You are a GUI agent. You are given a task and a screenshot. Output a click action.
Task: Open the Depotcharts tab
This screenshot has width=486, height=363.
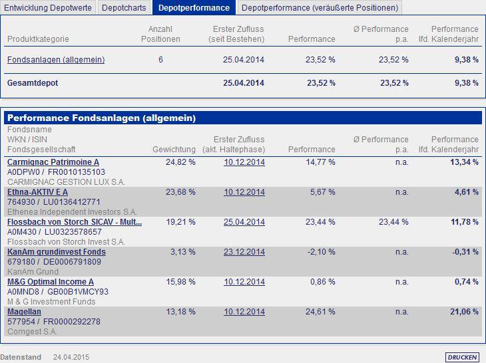point(124,8)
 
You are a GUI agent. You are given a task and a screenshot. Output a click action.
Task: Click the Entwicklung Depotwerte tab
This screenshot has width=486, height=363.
point(48,8)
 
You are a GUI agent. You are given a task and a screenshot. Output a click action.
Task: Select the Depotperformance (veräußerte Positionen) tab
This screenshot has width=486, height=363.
point(320,8)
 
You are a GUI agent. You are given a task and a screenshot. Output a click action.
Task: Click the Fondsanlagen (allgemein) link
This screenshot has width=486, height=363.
point(56,60)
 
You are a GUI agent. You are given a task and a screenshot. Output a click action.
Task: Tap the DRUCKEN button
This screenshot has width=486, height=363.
point(462,357)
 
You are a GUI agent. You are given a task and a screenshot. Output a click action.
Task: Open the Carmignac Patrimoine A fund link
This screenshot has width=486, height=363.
point(53,162)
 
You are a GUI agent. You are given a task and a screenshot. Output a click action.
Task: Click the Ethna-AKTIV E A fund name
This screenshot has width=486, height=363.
point(37,192)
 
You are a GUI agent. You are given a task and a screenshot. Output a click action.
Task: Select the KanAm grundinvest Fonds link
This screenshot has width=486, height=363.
point(57,252)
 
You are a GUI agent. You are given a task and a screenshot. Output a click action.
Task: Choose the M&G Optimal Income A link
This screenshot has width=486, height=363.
point(51,282)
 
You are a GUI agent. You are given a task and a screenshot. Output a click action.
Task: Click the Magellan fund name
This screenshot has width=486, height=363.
point(24,312)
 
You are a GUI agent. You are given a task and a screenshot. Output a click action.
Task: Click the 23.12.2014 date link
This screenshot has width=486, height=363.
point(244,252)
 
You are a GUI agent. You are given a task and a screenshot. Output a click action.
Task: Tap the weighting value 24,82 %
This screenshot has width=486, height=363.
point(180,162)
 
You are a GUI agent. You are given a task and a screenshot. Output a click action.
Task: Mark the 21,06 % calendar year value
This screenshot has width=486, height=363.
point(464,312)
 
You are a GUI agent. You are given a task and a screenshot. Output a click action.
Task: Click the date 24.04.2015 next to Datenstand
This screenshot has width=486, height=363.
point(71,357)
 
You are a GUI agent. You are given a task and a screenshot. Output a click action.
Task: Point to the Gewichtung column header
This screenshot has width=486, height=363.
point(174,150)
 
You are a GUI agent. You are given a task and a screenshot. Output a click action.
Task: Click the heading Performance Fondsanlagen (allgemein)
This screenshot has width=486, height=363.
point(101,118)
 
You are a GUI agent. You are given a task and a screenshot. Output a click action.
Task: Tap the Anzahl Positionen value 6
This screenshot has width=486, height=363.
point(160,60)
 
